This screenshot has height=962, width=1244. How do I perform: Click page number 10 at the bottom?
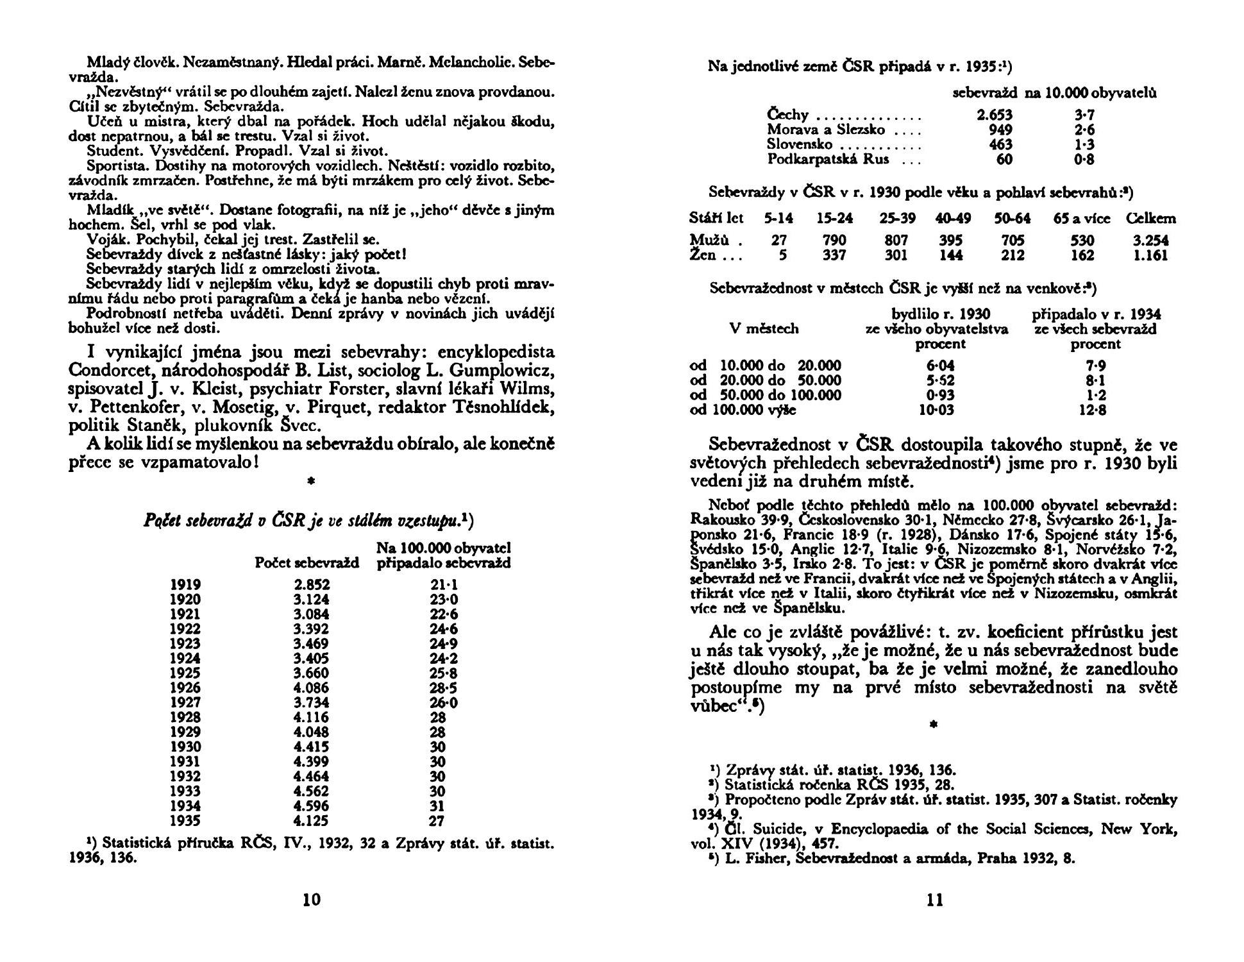coord(311,900)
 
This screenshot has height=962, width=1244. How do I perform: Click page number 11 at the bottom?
coord(936,900)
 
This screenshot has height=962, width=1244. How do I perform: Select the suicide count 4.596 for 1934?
coord(311,806)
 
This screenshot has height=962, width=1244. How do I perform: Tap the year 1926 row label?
coord(185,688)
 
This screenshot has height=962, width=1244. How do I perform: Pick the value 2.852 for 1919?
coord(311,585)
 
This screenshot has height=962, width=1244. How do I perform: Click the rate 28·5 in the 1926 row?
coord(444,688)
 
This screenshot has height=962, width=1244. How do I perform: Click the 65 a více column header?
coord(1082,219)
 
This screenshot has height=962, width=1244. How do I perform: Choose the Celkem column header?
coord(1151,219)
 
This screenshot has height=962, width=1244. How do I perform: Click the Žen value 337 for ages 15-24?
coord(834,255)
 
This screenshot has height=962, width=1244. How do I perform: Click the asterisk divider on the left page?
coord(311,480)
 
